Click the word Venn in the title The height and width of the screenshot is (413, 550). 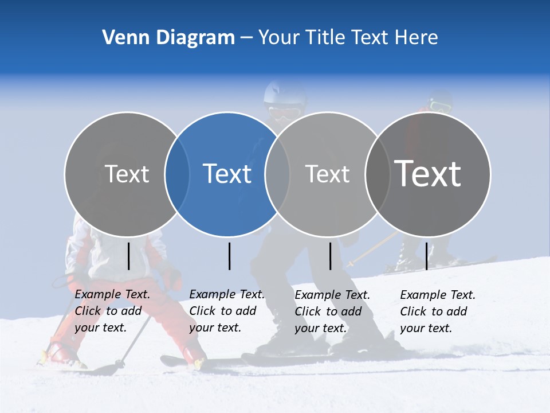[x=122, y=37]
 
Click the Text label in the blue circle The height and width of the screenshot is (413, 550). [x=227, y=174]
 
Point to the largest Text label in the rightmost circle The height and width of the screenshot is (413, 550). [x=427, y=173]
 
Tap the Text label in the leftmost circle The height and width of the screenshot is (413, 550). [x=127, y=174]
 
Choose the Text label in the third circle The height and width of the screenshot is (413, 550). [x=327, y=174]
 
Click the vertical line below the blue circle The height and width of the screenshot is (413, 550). [x=229, y=256]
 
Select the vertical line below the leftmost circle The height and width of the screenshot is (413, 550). [x=128, y=256]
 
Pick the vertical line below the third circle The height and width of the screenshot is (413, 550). [x=330, y=256]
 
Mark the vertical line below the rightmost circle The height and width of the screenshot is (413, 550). [x=426, y=256]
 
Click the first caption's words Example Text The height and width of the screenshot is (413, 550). [x=112, y=294]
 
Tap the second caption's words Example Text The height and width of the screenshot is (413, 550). [x=227, y=294]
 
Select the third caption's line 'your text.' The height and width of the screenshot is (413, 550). [x=320, y=328]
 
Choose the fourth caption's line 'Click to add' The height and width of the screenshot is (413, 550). [x=433, y=311]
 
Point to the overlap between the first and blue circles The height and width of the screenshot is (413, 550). [x=177, y=174]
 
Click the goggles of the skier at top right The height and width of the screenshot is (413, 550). [x=440, y=107]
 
